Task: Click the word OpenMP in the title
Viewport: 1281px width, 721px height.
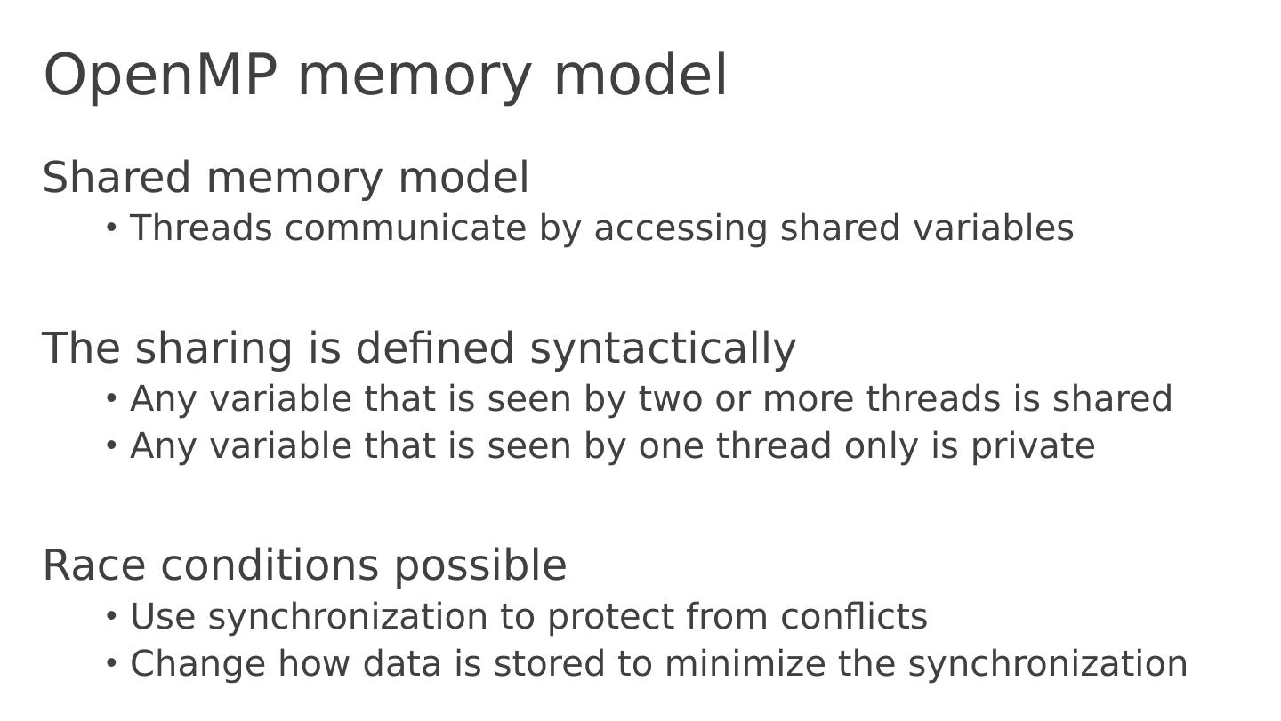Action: click(x=160, y=76)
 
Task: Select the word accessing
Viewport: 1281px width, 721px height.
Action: click(x=681, y=229)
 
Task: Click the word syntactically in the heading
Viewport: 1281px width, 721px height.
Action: click(x=663, y=348)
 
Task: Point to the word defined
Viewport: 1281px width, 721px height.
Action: click(x=435, y=348)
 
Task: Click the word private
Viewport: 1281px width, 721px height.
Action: click(x=1033, y=446)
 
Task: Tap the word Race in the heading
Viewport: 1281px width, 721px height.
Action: click(x=95, y=565)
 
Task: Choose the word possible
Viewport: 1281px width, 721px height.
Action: click(x=480, y=567)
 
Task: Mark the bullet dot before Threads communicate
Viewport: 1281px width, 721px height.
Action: click(x=111, y=228)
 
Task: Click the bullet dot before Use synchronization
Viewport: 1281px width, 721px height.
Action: click(x=111, y=616)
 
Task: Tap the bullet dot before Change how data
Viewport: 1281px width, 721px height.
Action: click(x=111, y=663)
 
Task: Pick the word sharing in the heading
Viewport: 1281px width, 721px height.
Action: click(x=214, y=348)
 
